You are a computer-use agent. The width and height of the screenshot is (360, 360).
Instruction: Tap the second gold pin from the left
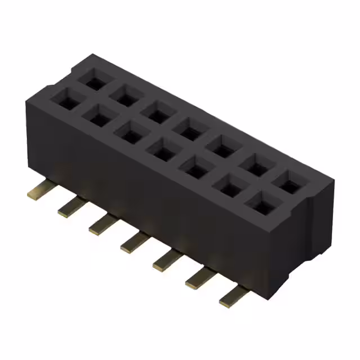point(69,208)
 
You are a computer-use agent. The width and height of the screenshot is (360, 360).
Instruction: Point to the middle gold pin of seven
point(133,242)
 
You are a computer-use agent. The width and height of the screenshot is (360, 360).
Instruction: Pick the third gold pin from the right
point(165,260)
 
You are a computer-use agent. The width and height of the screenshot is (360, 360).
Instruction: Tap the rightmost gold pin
point(232,296)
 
